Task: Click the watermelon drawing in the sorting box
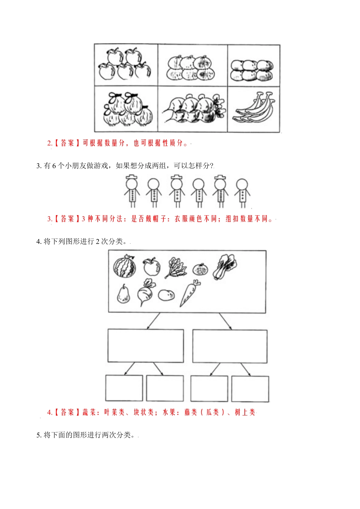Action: point(125,266)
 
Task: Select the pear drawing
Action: point(123,294)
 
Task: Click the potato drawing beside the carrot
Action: point(166,295)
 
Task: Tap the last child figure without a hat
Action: point(242,192)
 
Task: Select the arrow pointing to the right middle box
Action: point(225,321)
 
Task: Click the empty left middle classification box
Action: point(146,345)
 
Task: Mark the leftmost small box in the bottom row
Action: point(124,388)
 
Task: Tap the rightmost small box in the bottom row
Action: point(250,389)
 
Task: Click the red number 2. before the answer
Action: point(50,143)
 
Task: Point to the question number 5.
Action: point(39,435)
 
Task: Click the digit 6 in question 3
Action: point(54,166)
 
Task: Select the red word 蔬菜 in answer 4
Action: point(89,412)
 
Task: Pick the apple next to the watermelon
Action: point(152,267)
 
